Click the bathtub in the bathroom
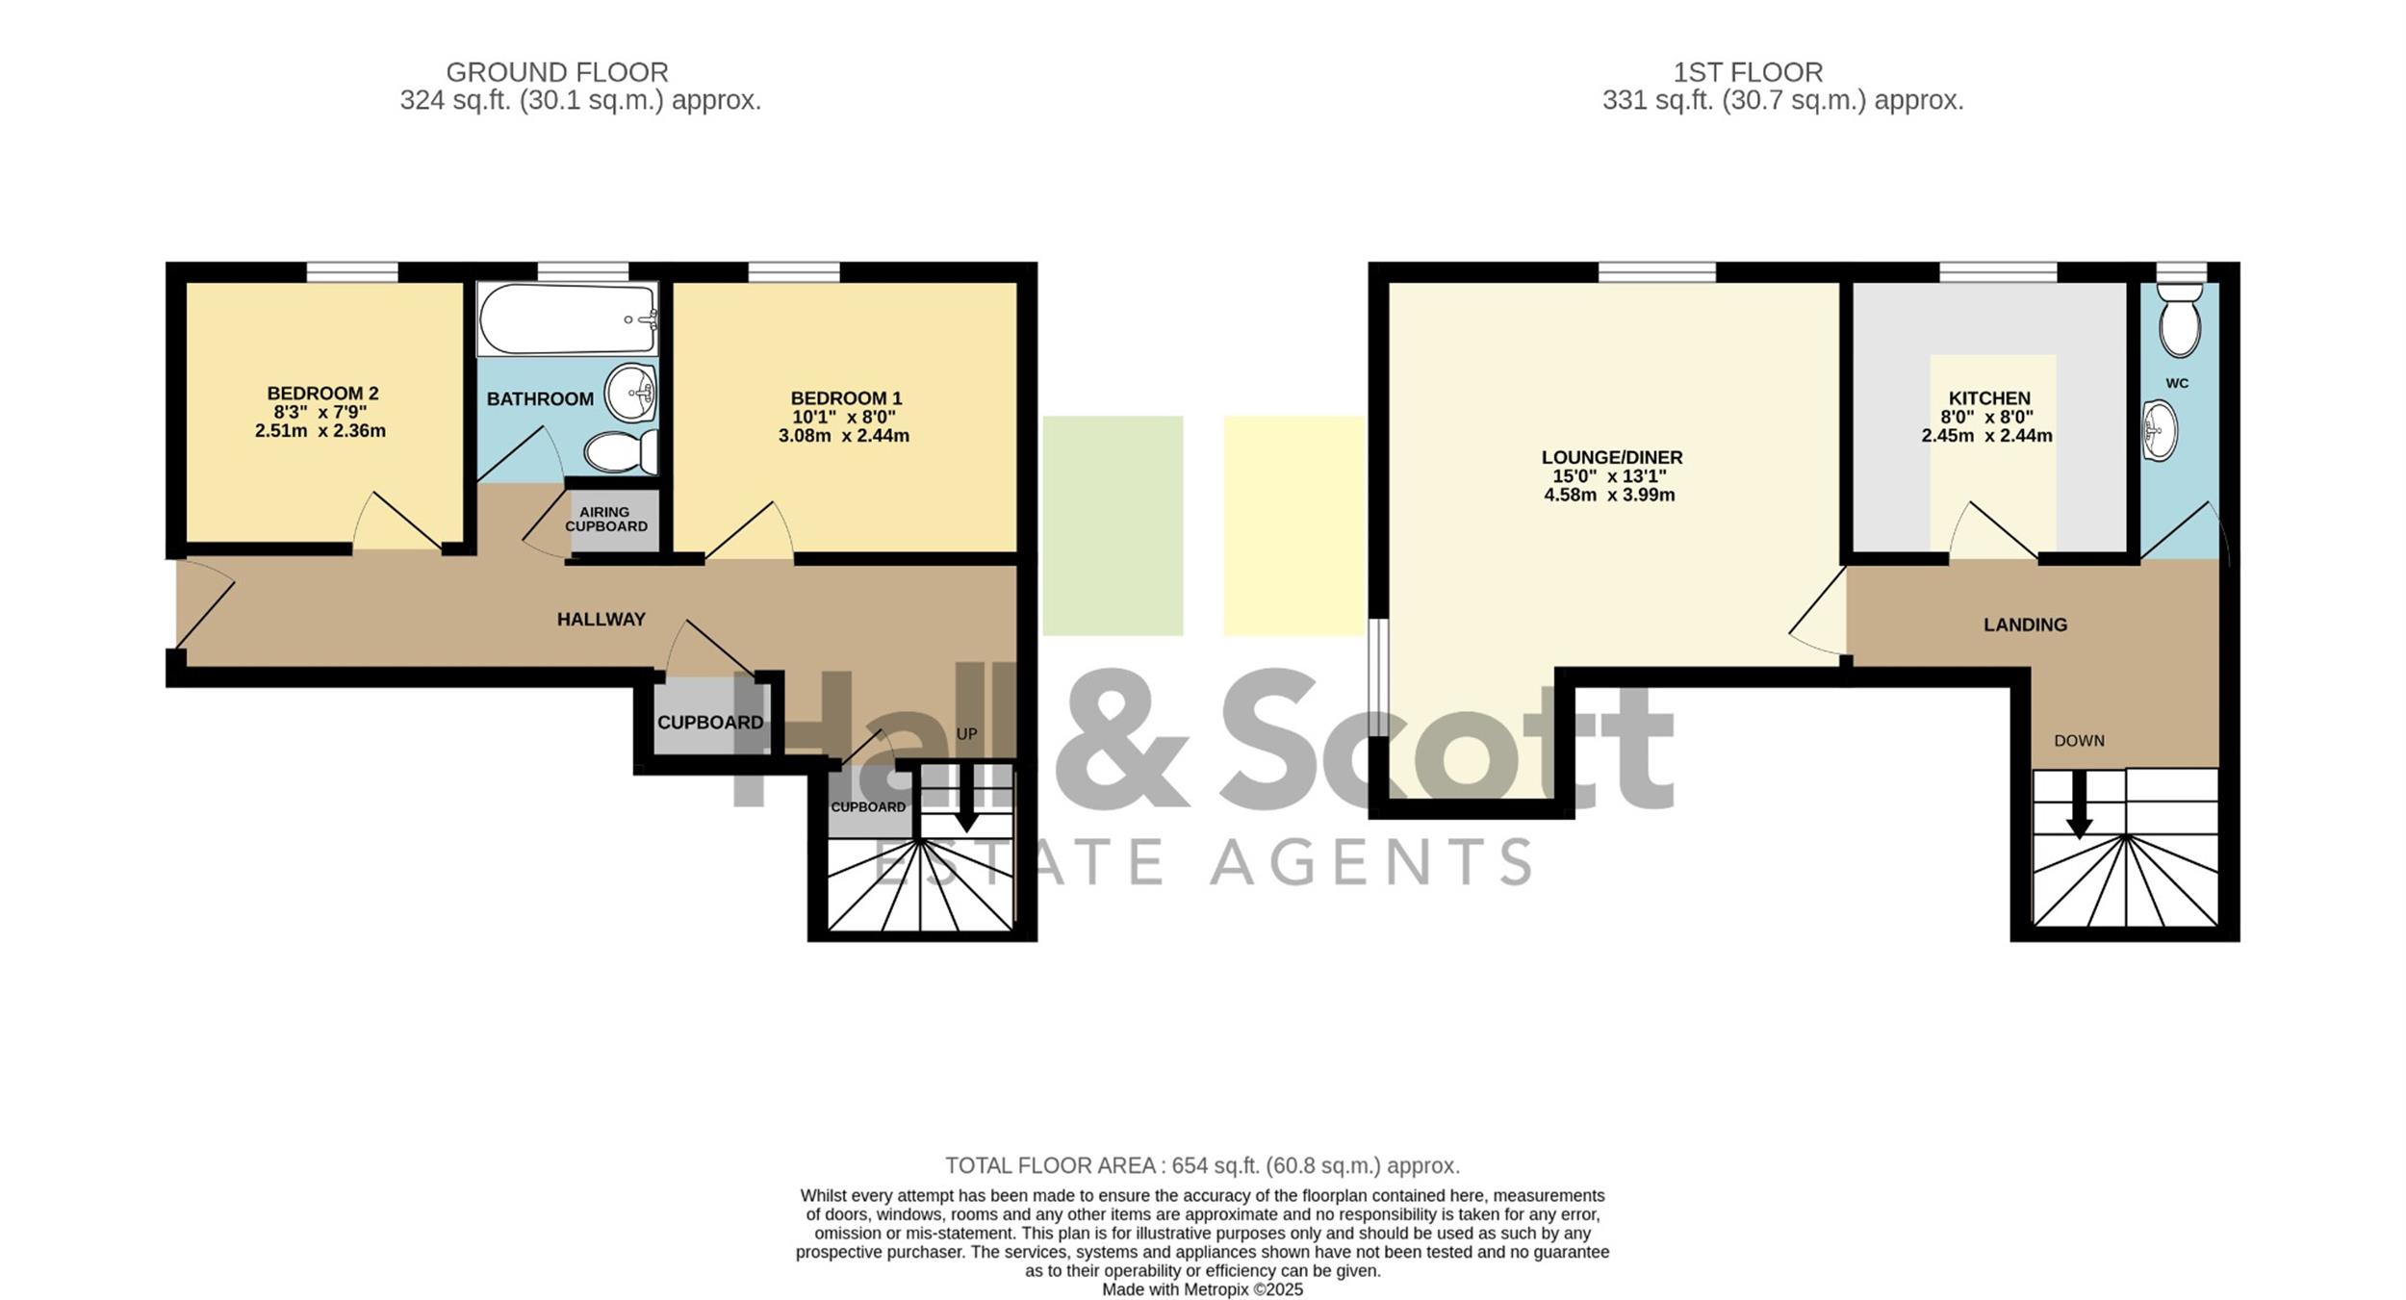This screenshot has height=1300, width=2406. click(568, 319)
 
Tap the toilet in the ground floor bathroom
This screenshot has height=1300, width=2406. click(621, 451)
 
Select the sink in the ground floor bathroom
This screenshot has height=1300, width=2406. click(630, 393)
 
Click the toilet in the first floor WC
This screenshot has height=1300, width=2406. click(2179, 319)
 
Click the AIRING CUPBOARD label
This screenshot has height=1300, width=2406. click(605, 520)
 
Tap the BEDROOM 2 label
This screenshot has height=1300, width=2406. click(322, 394)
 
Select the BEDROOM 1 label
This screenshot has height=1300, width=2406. click(846, 398)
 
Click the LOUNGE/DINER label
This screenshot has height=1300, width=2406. click(1612, 458)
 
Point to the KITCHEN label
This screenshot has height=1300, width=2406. click(1989, 398)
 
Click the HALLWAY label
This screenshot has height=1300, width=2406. click(601, 620)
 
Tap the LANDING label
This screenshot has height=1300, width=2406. click(2025, 625)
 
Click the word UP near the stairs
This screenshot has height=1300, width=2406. click(966, 734)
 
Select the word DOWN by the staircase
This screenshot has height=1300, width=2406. click(2079, 741)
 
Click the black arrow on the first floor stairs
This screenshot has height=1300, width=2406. click(2079, 804)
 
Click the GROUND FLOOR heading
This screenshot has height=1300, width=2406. click(557, 72)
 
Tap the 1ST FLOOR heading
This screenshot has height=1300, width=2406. click(1748, 72)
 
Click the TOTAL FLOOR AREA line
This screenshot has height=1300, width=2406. click(1202, 1166)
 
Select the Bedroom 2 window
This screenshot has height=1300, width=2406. click(352, 272)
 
